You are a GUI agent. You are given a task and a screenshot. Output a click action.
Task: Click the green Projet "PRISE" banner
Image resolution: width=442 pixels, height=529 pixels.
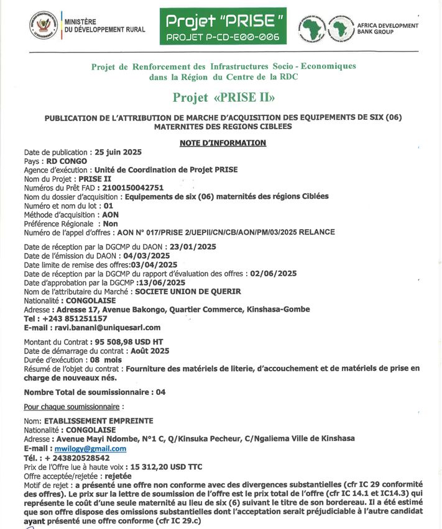(225, 27)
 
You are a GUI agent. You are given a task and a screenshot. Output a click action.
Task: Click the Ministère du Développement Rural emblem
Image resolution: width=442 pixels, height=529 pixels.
(43, 25)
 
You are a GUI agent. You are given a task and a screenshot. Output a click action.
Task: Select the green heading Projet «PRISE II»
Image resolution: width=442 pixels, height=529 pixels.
(223, 97)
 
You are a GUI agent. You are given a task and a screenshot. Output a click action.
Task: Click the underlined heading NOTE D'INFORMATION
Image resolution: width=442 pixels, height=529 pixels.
(223, 143)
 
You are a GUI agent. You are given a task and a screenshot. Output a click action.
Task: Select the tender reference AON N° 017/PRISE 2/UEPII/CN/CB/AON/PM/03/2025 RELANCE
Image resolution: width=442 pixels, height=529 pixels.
(226, 232)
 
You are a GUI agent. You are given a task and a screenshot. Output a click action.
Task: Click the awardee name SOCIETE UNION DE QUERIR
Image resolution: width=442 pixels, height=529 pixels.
(188, 291)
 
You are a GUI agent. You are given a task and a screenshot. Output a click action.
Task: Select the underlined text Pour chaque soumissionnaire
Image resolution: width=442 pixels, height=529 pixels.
(70, 407)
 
